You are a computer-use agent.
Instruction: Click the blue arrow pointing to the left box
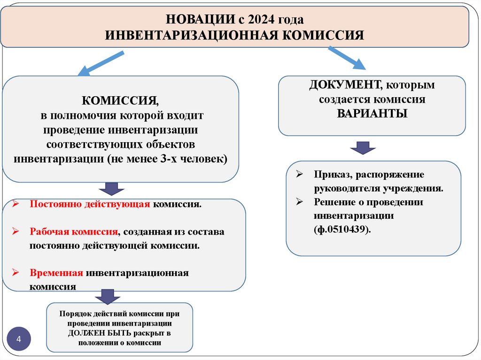[x=101, y=64]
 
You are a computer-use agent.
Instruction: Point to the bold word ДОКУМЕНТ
[x=345, y=85]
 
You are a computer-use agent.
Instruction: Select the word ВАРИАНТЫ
[x=372, y=114]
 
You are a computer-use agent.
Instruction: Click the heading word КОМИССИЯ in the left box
[x=120, y=101]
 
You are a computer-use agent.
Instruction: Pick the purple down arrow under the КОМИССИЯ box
[x=111, y=188]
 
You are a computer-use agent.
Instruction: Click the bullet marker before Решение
[x=300, y=202]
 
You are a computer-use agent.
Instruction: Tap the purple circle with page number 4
[x=19, y=339]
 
